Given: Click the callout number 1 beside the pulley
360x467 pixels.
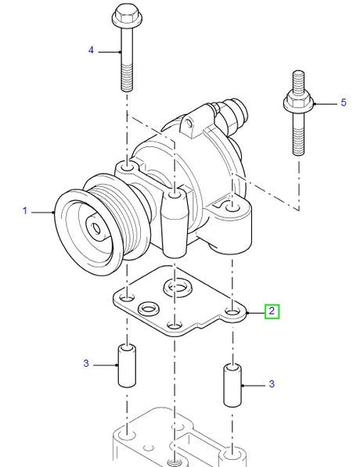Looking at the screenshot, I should pyautogui.click(x=25, y=210).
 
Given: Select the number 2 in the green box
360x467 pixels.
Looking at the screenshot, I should pyautogui.click(x=271, y=311).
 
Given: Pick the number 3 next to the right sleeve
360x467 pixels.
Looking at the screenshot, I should pyautogui.click(x=271, y=383).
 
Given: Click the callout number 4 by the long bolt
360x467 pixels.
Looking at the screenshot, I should pyautogui.click(x=91, y=50).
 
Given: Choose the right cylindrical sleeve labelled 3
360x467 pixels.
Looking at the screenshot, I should pyautogui.click(x=232, y=383).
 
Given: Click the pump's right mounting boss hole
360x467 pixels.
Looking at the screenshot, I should pyautogui.click(x=231, y=207).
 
